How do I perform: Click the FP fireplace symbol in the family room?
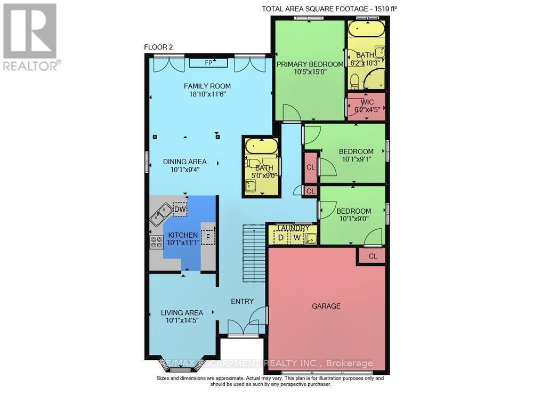click(x=208, y=63)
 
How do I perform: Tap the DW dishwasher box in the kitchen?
click(x=180, y=210)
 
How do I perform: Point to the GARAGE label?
click(x=326, y=306)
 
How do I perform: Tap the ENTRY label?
click(x=242, y=302)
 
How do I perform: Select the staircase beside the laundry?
click(x=254, y=253)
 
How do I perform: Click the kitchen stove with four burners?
click(x=157, y=243)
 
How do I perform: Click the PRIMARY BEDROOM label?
click(x=310, y=65)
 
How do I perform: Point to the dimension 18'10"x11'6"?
click(x=207, y=94)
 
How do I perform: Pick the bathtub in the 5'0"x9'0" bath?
click(x=261, y=146)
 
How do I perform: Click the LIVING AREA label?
click(x=182, y=313)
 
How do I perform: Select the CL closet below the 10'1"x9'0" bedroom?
click(x=373, y=256)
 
